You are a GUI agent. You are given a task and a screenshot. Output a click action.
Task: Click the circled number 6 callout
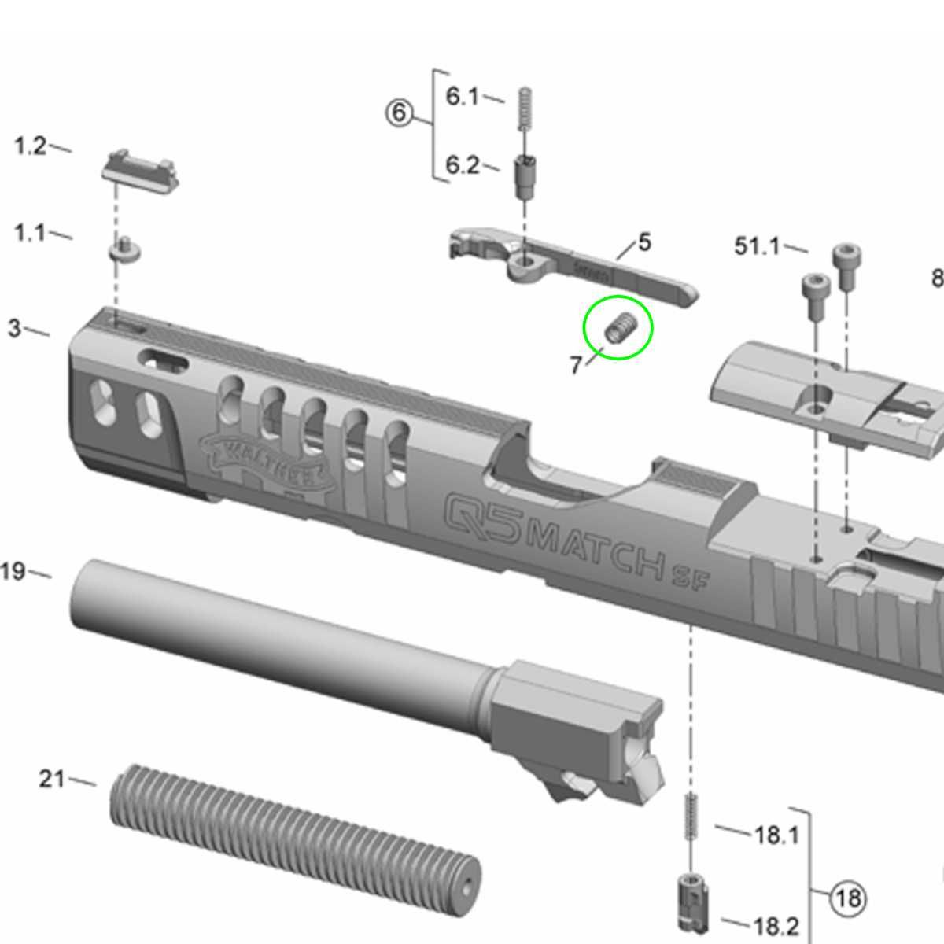(399, 112)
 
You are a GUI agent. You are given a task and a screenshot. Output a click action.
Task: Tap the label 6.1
(462, 96)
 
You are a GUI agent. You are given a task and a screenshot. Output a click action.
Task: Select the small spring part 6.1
(525, 111)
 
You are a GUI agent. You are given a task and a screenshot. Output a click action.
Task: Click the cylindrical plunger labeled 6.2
(525, 178)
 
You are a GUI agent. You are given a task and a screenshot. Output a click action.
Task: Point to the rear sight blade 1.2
(141, 168)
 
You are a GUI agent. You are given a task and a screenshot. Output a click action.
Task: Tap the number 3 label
(14, 328)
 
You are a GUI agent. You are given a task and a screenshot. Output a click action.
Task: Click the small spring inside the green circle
(620, 327)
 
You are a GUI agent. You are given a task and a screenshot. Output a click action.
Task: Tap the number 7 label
(576, 365)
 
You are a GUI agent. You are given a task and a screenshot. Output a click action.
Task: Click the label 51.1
(757, 246)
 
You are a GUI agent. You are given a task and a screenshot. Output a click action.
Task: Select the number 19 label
(13, 571)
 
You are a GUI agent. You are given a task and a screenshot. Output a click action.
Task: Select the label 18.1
(776, 834)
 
